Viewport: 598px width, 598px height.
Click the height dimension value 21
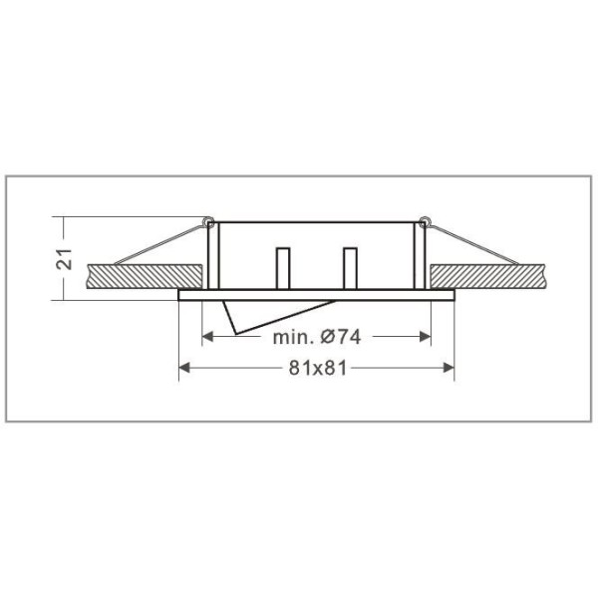(64, 258)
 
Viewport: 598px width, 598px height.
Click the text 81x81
(317, 368)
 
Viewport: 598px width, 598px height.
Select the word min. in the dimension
(291, 337)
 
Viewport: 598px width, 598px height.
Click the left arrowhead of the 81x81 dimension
(184, 368)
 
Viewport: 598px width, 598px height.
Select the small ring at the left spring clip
(208, 219)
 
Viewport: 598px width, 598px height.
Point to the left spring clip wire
(159, 242)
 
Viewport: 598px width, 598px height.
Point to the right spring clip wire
(468, 242)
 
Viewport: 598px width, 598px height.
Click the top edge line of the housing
(316, 221)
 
